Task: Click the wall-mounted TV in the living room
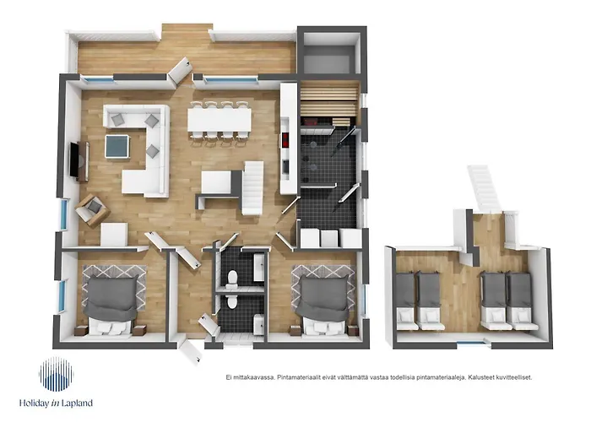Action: pos(74,160)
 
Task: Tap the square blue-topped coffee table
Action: pos(117,146)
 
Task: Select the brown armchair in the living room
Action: pos(92,210)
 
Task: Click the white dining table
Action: pos(220,120)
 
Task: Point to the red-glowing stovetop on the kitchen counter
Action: pos(286,140)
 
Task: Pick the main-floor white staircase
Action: pos(252,187)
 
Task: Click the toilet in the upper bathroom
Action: pos(232,277)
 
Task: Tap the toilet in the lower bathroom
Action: pos(232,301)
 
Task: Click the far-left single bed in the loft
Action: pos(406,300)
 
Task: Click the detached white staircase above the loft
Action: pos(485,188)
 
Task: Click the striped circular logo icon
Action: pos(57,374)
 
